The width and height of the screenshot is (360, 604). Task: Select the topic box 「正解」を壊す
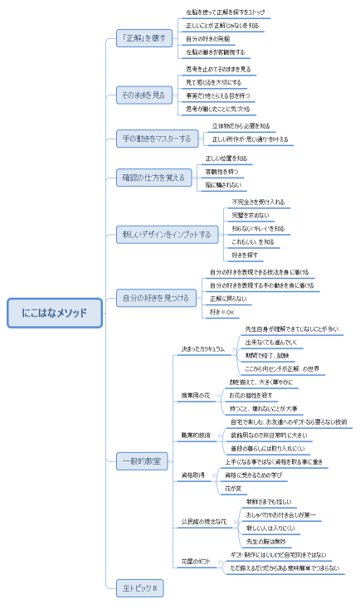(144, 38)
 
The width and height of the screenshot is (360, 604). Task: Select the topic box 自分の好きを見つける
(156, 298)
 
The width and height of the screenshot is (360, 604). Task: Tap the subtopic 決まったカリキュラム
(203, 349)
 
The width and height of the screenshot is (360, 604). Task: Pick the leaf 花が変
(234, 489)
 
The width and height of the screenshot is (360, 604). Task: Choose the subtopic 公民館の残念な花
(204, 522)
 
